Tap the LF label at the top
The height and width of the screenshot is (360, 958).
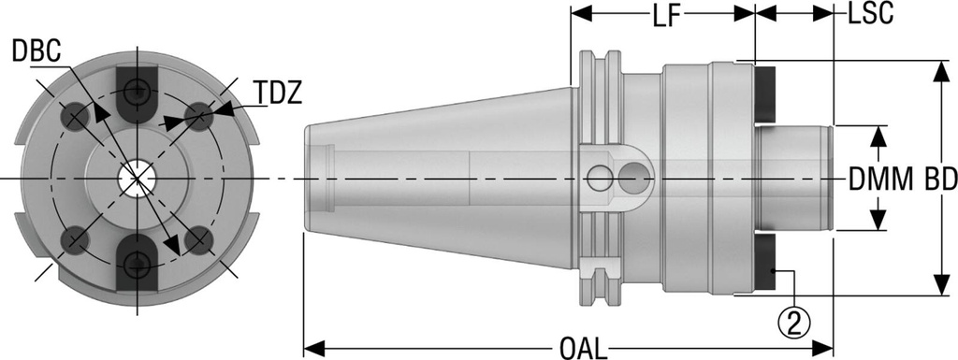[662, 14]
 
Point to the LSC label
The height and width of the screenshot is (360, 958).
[870, 14]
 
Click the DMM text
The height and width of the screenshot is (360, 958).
[880, 177]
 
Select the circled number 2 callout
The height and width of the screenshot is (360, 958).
[794, 323]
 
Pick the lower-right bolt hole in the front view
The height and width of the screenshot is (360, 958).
[197, 239]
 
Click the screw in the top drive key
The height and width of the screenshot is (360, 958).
[138, 91]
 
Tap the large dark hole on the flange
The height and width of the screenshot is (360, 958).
[636, 173]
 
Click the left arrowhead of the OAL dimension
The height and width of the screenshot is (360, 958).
[312, 350]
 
